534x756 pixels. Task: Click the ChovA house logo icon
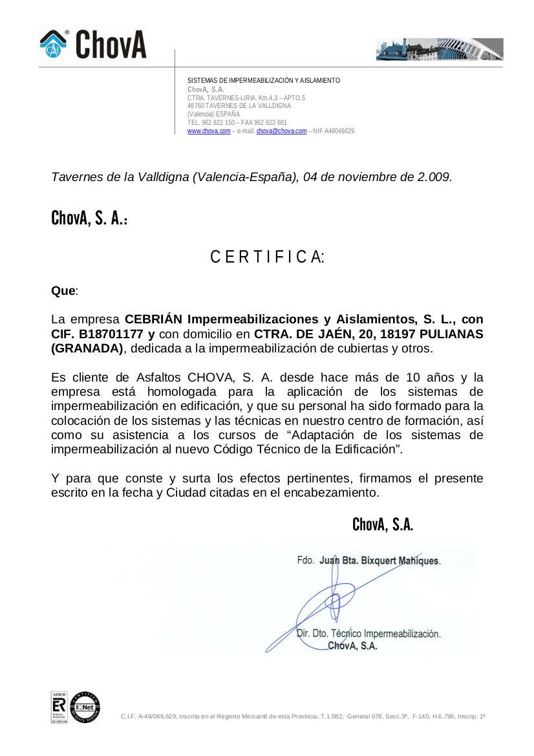[x=54, y=43]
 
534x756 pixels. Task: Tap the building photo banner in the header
[x=439, y=49]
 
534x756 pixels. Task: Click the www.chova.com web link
[x=209, y=131]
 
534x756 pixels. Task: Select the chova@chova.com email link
[x=281, y=131]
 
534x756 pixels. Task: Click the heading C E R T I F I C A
[x=267, y=257]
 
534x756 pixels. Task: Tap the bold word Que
[x=63, y=291]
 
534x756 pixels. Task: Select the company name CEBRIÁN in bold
[x=153, y=319]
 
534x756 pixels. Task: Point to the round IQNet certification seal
[x=85, y=706]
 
